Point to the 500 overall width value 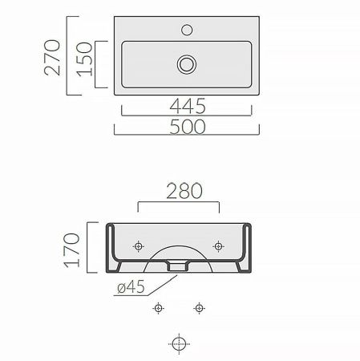coord(187,126)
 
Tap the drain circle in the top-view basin coord(187,63)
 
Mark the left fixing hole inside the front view coord(139,245)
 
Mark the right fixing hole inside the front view coord(216,245)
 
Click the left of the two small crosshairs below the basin coord(159,307)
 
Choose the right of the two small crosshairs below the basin coord(197,307)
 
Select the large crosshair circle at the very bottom coord(178,343)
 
